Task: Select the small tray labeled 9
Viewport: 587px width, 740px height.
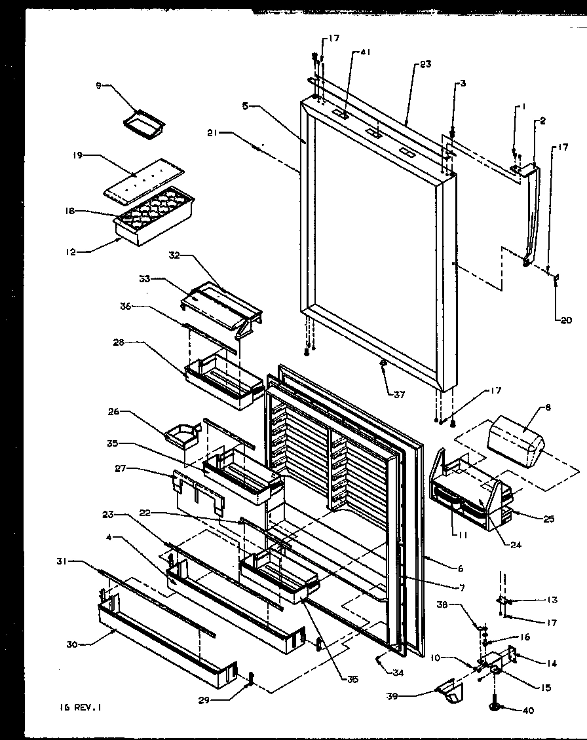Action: tap(143, 122)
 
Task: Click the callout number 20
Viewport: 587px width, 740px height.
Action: tap(565, 320)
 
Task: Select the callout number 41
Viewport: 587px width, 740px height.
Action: tap(365, 53)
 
